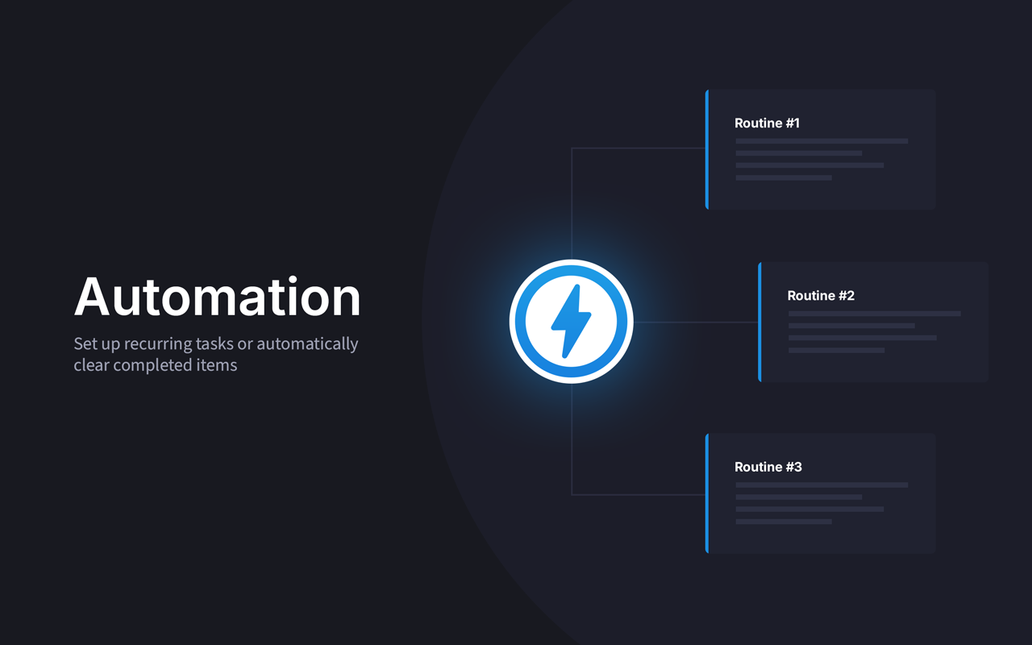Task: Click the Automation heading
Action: pyautogui.click(x=217, y=297)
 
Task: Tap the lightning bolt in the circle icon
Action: pyautogui.click(x=571, y=321)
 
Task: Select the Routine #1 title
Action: pyautogui.click(x=767, y=123)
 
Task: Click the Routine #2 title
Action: pyautogui.click(x=821, y=295)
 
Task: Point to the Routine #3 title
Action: pyautogui.click(x=768, y=467)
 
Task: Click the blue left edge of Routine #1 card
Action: pyautogui.click(x=707, y=149)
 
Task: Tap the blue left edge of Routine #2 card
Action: pyautogui.click(x=759, y=322)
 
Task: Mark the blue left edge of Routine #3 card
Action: pyautogui.click(x=707, y=493)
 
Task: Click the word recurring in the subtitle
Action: pyautogui.click(x=158, y=344)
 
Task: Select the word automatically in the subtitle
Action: pyautogui.click(x=307, y=344)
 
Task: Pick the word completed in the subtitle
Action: pyautogui.click(x=152, y=365)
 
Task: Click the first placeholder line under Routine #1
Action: pyautogui.click(x=822, y=141)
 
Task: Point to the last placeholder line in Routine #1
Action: pyautogui.click(x=784, y=177)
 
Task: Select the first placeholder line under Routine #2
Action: pyautogui.click(x=875, y=314)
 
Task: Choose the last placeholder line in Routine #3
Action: pyautogui.click(x=784, y=522)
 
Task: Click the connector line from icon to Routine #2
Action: pyautogui.click(x=696, y=322)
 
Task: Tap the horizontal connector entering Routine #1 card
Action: pyautogui.click(x=638, y=148)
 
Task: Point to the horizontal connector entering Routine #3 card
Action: pyautogui.click(x=638, y=495)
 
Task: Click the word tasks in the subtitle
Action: pyautogui.click(x=214, y=343)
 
